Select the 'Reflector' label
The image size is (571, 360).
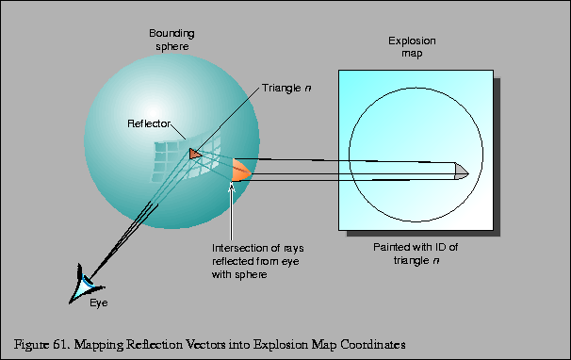tap(149, 124)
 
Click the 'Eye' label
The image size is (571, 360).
tap(99, 303)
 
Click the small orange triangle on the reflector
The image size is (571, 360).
tap(194, 153)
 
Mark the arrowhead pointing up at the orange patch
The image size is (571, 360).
tap(230, 188)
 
